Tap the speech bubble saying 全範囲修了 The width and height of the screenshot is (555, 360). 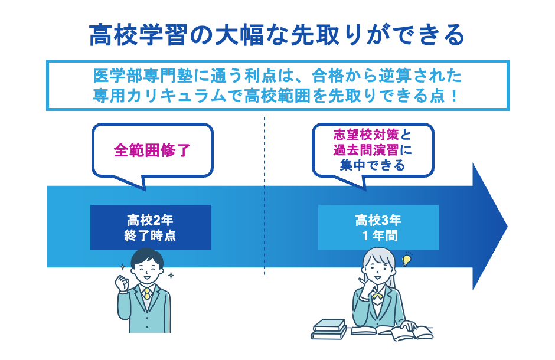[152, 150]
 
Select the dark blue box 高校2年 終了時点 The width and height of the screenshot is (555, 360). [151, 228]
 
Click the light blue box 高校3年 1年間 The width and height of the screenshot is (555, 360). [378, 228]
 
